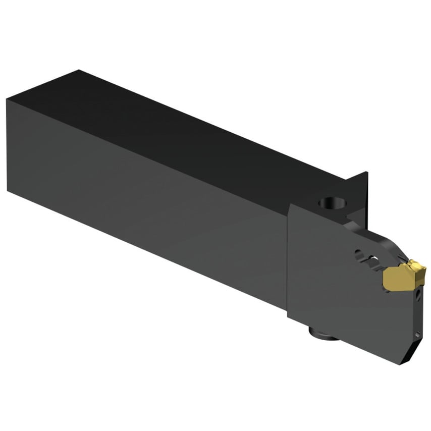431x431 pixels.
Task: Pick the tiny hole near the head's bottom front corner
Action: pos(417,335)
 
